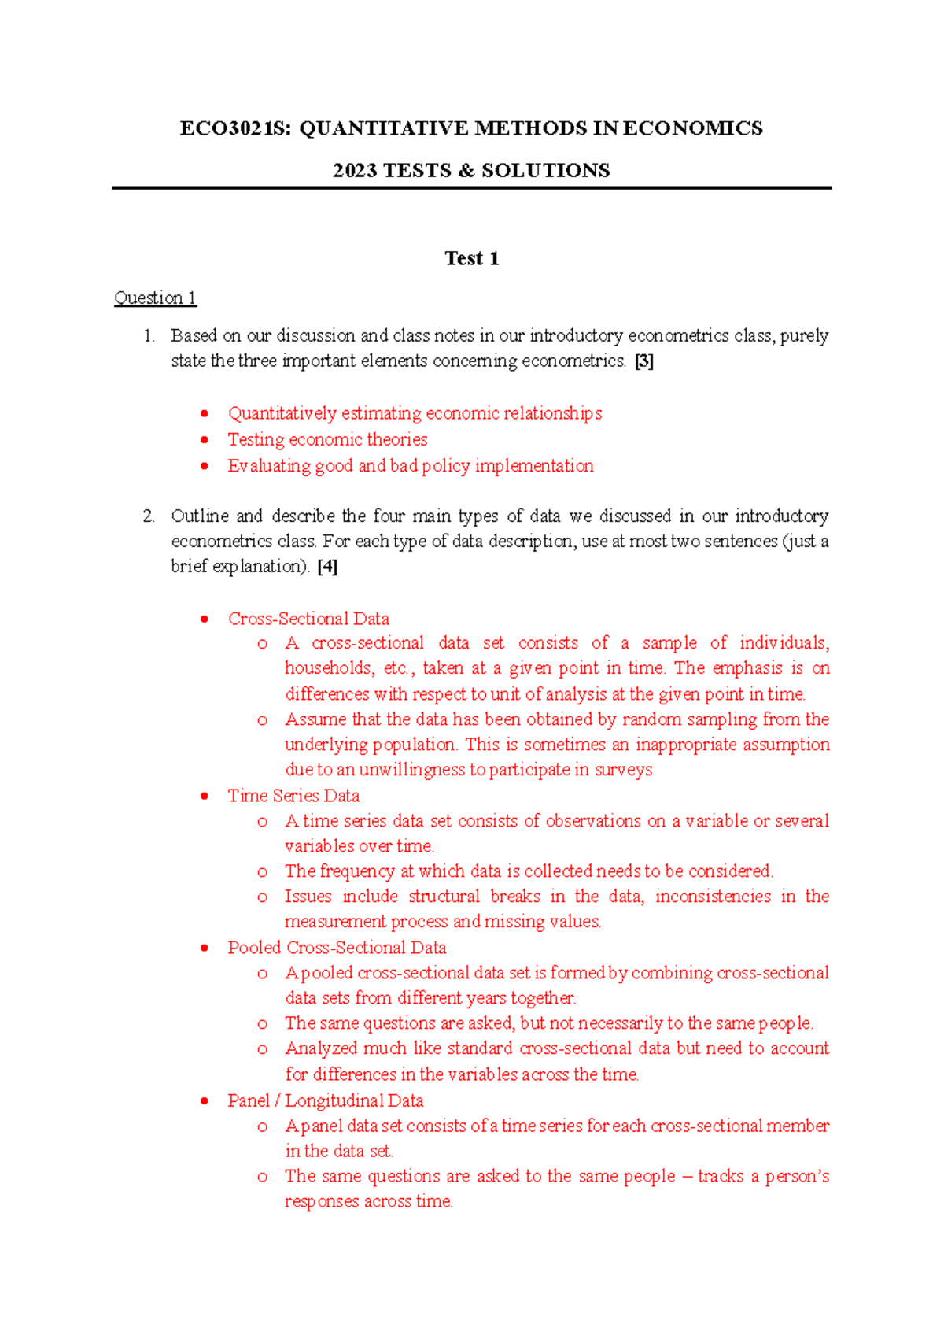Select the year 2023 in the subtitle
point(355,171)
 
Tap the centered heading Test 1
point(471,259)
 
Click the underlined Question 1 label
point(155,298)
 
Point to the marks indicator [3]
point(644,361)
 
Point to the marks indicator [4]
point(328,567)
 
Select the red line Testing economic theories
point(327,439)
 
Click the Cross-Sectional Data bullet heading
point(308,619)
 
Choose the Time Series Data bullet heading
point(293,796)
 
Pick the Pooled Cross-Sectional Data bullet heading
point(337,948)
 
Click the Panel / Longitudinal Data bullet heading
point(326,1100)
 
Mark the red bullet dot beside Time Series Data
point(205,796)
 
